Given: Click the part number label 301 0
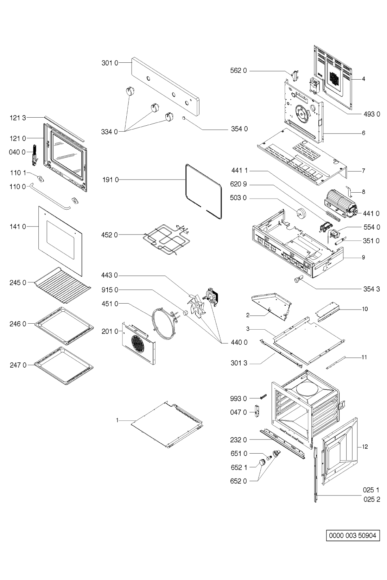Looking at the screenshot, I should (x=110, y=63).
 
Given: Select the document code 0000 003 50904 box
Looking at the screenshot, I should (x=353, y=536).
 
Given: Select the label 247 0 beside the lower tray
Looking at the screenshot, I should (x=18, y=365).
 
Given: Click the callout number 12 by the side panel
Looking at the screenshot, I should (x=365, y=447).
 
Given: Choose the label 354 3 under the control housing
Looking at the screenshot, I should (x=372, y=289).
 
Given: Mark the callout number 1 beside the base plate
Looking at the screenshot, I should (x=118, y=420).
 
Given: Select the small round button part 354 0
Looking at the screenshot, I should (x=184, y=118).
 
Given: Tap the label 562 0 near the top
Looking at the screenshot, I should (x=239, y=71).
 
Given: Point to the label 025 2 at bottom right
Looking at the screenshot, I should (x=372, y=499).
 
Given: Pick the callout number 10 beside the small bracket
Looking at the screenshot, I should (x=365, y=309).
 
